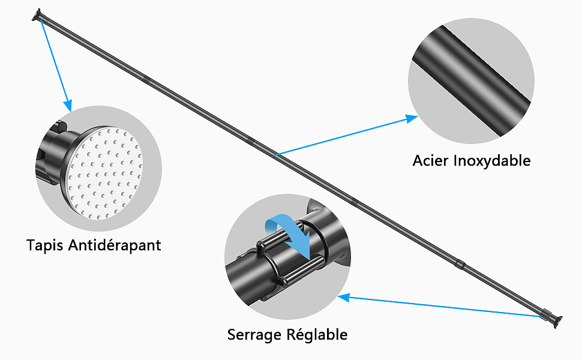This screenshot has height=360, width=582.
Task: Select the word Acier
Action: click(430, 161)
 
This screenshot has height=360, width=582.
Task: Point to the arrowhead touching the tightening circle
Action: click(344, 296)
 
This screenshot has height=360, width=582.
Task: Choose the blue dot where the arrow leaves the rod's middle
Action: click(276, 155)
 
